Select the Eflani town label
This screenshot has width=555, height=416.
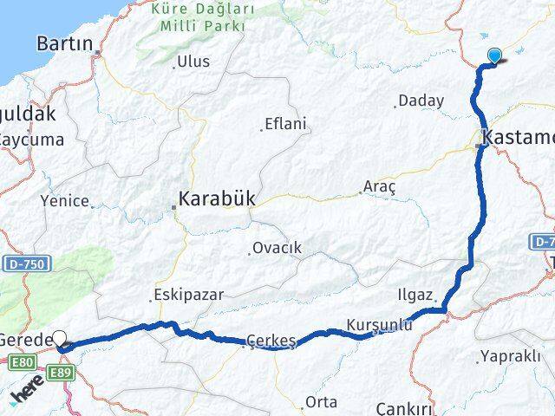point(285,124)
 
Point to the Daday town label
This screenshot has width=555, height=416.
point(421,101)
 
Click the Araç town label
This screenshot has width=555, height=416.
point(380,187)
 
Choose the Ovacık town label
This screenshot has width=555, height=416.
point(277,248)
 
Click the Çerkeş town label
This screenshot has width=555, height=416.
point(271,341)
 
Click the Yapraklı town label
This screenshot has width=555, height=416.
point(513,356)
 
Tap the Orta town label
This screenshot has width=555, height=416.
point(321,402)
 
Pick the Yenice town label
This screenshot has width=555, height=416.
point(64,200)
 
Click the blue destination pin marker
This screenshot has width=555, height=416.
point(494,55)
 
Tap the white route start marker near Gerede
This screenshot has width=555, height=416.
point(61,339)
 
